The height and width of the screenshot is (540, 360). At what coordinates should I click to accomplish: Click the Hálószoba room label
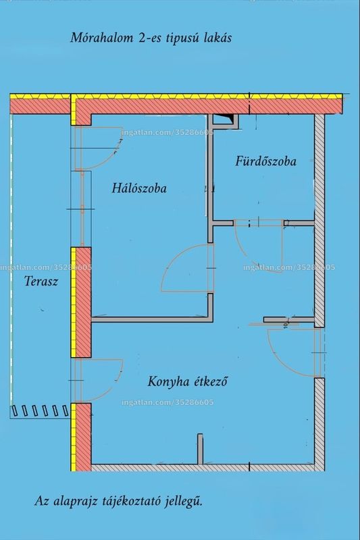(139, 188)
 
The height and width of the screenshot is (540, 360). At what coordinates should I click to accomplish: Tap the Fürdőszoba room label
(265, 161)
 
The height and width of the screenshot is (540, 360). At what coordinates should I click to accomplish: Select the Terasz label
(41, 281)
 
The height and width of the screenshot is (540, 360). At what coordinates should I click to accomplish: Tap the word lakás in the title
(217, 38)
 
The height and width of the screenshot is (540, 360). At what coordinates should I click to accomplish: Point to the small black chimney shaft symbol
(224, 119)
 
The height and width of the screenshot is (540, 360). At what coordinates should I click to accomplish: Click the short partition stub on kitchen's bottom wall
(200, 449)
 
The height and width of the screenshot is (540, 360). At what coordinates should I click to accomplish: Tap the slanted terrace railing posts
(41, 410)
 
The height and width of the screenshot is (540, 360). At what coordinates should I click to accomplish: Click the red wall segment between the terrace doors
(83, 302)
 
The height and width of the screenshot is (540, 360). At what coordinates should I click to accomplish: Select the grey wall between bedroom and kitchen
(151, 319)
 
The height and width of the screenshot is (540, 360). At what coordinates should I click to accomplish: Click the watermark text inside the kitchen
(168, 402)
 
